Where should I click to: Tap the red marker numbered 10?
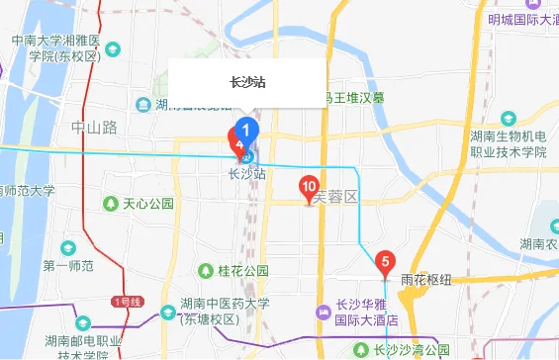[x=309, y=186]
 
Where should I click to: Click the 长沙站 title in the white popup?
[x=246, y=83]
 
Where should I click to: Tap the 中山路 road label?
[x=95, y=128]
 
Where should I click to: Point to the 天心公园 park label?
[x=148, y=204]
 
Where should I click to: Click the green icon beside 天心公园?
[x=111, y=204]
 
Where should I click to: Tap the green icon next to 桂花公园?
[x=206, y=270]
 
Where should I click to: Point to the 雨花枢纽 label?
[x=427, y=280]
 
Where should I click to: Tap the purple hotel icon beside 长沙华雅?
[x=323, y=313]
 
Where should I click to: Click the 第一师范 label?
[x=67, y=266]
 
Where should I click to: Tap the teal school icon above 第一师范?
[x=67, y=247]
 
